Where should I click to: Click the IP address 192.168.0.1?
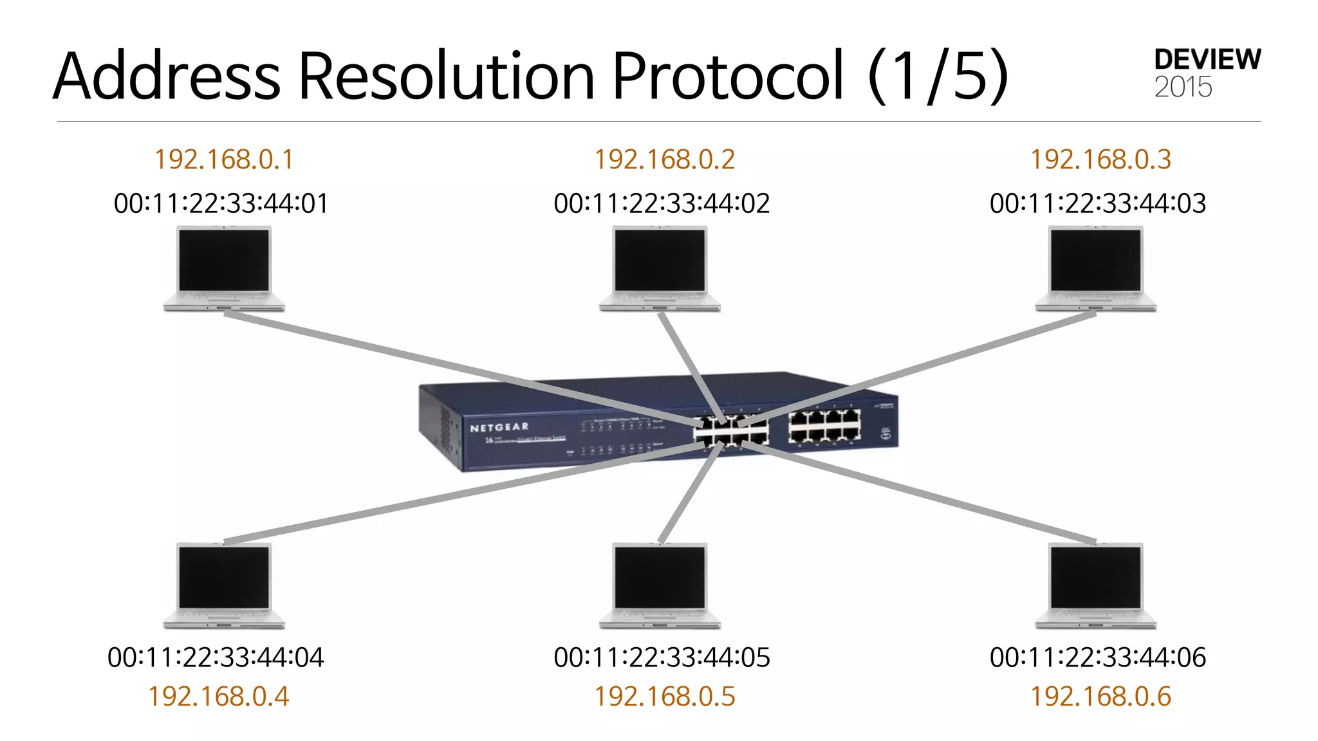point(224,160)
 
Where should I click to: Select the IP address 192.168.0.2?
point(664,160)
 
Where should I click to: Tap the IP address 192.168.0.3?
point(1100,160)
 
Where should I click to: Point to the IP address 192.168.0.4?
point(219,697)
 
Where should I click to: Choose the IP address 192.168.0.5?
point(664,697)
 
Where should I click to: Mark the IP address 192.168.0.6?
point(1100,697)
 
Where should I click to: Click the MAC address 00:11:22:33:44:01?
point(221,203)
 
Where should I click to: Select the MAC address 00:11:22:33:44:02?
point(662,203)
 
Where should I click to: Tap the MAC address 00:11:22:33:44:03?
point(1097,203)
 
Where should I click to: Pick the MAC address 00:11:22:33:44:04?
point(216,657)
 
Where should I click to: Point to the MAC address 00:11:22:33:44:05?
point(662,657)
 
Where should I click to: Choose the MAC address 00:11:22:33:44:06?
point(1097,657)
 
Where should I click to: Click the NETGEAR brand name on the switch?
point(499,427)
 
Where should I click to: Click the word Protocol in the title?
point(727,76)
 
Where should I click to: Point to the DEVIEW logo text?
point(1207,60)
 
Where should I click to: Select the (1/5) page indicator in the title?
point(937,76)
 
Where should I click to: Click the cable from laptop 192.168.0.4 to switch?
point(450,494)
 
